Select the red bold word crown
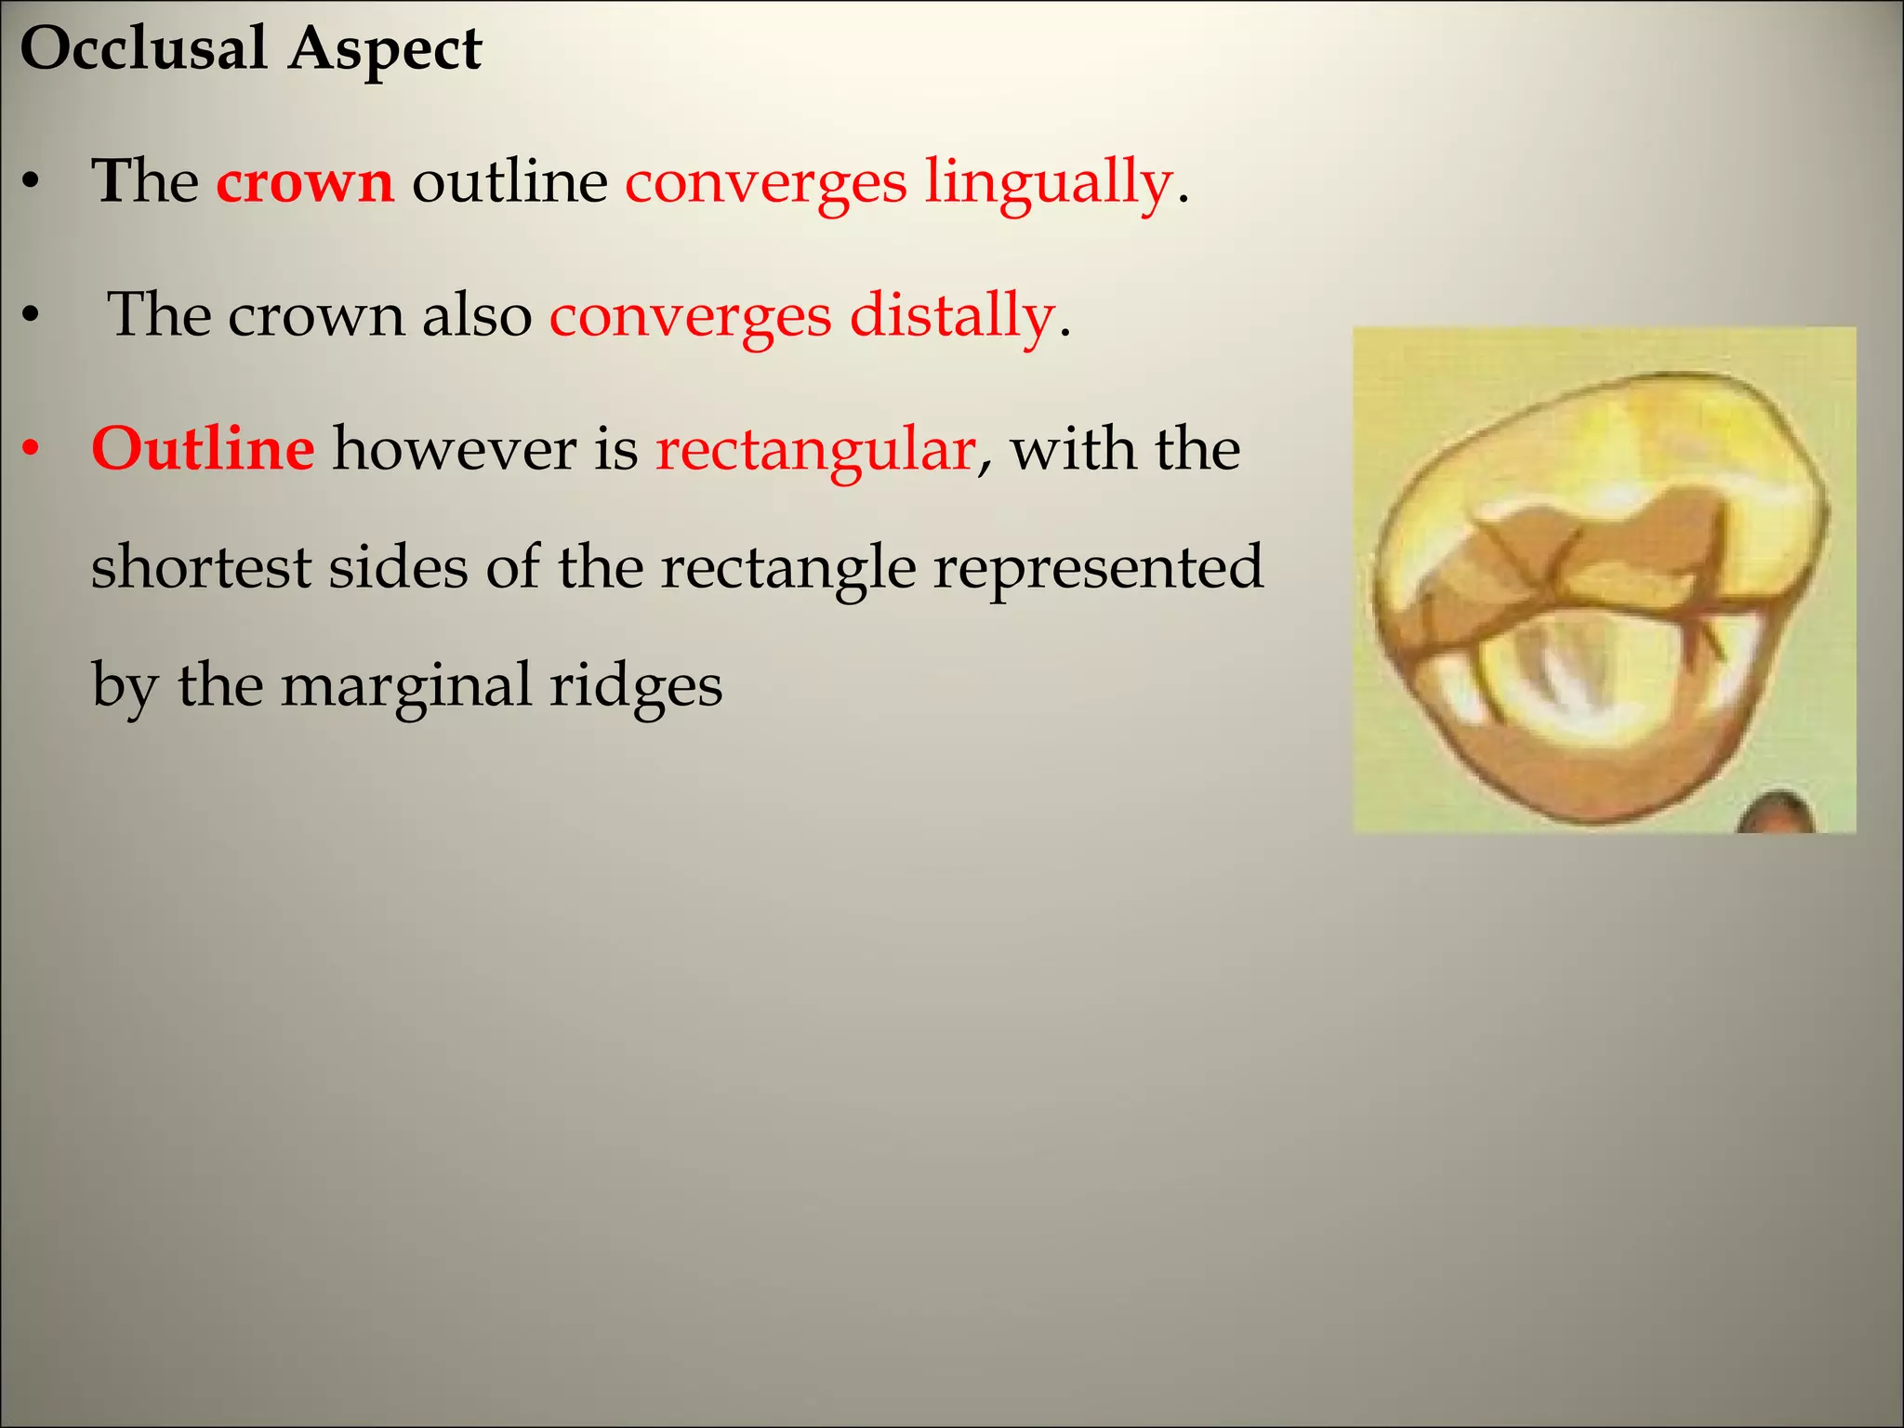305,181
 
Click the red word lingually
1048,183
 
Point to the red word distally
953,317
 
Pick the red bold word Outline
203,450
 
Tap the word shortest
200,568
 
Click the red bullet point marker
32,450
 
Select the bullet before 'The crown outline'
32,183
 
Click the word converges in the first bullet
765,183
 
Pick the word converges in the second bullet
690,317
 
